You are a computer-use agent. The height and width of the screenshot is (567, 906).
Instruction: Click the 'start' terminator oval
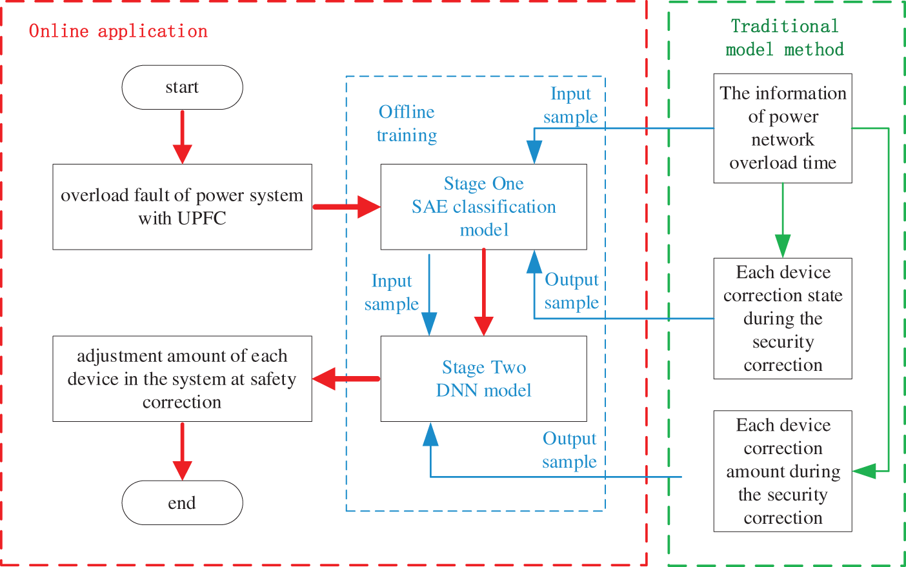coord(182,87)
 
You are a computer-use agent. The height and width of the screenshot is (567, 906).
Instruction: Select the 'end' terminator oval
coord(182,502)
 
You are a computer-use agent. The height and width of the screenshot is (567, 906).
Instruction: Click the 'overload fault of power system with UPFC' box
coord(182,206)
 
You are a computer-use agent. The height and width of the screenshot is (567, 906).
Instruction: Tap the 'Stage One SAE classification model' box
coord(484,206)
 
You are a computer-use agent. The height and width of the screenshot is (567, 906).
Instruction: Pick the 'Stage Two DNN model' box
coord(484,379)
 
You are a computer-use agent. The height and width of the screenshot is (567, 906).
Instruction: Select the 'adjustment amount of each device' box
coord(182,379)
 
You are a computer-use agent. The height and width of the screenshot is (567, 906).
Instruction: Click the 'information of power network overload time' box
coord(783,128)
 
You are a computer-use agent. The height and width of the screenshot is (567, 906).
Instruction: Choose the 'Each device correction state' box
coord(783,318)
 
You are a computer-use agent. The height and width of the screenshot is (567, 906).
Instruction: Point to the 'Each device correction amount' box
coord(783,471)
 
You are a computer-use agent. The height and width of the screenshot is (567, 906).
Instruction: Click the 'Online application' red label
coord(118,31)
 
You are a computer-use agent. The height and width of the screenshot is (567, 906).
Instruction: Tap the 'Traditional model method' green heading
coord(785,38)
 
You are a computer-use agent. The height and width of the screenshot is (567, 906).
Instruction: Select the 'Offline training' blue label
coord(407,123)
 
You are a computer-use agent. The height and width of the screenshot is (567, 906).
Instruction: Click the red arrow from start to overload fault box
coord(183,137)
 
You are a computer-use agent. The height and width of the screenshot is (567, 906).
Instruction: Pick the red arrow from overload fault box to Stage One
coord(347,207)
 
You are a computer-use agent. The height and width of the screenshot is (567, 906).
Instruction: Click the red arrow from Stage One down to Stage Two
coord(484,292)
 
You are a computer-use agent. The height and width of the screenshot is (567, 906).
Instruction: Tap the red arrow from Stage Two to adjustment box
coord(347,379)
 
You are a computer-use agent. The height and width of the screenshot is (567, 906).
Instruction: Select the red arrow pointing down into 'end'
coord(183,452)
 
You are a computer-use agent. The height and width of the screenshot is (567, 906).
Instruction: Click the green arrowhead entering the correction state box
coord(783,246)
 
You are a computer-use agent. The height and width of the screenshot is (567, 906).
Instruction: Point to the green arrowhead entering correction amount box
coord(864,471)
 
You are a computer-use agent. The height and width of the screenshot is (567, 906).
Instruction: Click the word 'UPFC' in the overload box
coord(202,219)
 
